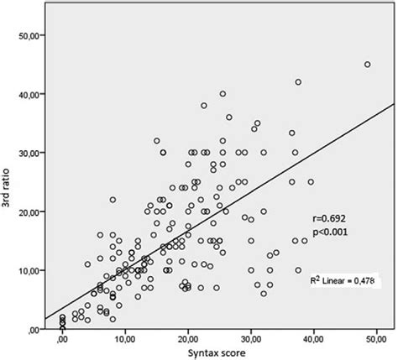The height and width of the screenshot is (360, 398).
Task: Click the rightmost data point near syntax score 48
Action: [x=367, y=65]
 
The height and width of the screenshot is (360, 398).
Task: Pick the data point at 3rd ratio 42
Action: [x=298, y=82]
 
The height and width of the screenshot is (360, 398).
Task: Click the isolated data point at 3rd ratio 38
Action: [x=204, y=106]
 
